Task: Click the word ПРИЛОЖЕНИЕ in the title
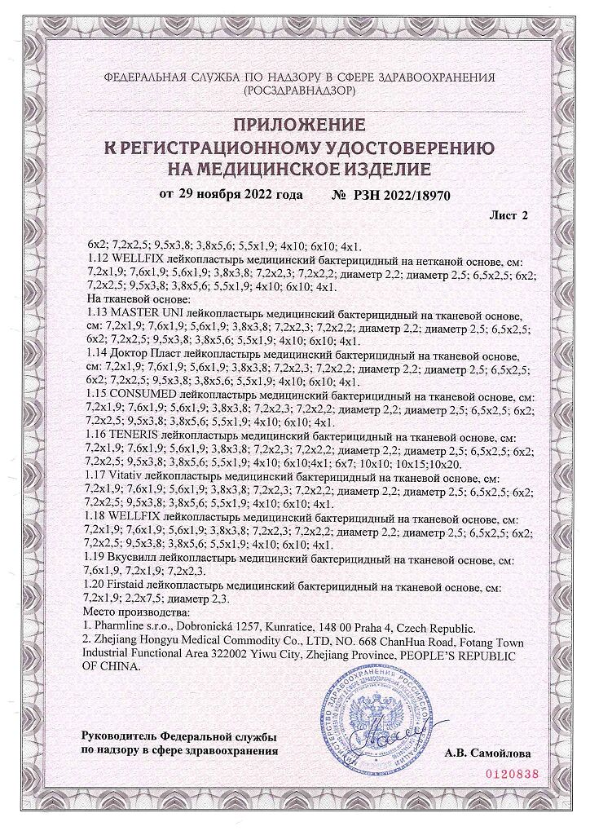[x=299, y=124]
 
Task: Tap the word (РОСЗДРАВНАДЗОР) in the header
[x=299, y=92]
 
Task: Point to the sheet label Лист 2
[x=509, y=216]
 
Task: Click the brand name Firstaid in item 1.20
[x=131, y=587]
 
